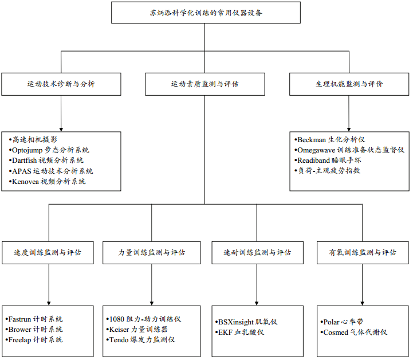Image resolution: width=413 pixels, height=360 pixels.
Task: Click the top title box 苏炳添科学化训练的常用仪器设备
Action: click(206, 13)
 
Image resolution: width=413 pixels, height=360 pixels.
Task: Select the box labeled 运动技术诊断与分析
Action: click(61, 84)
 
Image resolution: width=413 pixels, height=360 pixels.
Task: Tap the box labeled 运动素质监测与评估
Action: click(205, 84)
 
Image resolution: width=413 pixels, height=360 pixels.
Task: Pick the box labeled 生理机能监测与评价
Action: click(349, 84)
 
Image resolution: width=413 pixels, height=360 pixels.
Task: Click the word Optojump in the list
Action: click(28, 150)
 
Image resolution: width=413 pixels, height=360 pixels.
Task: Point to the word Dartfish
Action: click(26, 161)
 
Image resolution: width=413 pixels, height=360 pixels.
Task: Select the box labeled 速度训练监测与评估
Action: click(48, 252)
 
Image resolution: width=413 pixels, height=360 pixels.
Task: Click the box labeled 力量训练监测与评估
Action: click(152, 252)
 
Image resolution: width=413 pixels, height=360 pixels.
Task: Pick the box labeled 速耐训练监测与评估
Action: click(257, 252)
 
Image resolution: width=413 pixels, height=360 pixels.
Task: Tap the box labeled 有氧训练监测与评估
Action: click(362, 252)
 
